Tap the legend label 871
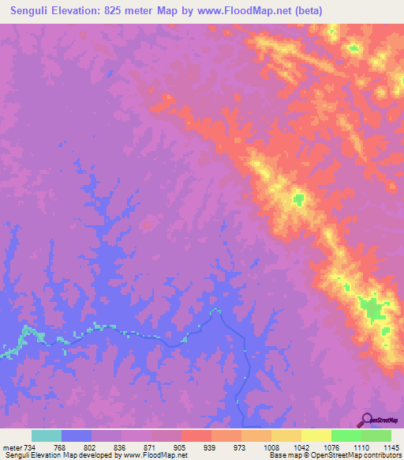click(x=149, y=447)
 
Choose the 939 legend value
click(x=209, y=447)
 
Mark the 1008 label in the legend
click(x=269, y=447)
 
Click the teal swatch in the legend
click(x=46, y=435)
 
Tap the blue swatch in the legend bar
click(x=76, y=435)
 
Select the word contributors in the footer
click(x=383, y=456)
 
